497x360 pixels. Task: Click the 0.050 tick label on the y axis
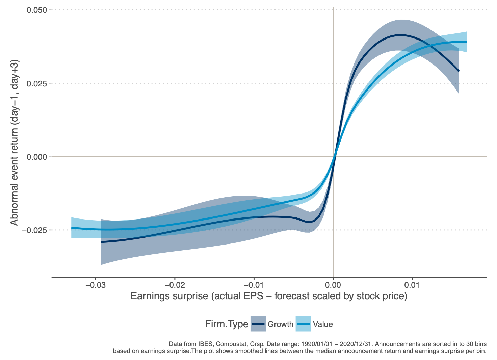click(37, 10)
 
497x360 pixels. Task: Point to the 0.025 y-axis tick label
click(37, 83)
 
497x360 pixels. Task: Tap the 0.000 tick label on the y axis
click(37, 156)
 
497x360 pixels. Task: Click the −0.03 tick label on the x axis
click(95, 285)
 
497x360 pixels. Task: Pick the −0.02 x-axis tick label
click(175, 285)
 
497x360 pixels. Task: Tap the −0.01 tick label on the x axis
click(254, 285)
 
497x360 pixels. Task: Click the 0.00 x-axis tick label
click(333, 285)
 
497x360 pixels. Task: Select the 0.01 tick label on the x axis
click(412, 285)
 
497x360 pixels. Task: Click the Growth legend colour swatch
click(258, 324)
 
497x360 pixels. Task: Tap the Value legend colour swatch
click(303, 324)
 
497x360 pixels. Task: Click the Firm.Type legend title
click(227, 324)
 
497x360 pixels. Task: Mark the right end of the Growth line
click(459, 71)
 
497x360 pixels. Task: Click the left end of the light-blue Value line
click(72, 228)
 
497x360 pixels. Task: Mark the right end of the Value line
click(466, 42)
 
